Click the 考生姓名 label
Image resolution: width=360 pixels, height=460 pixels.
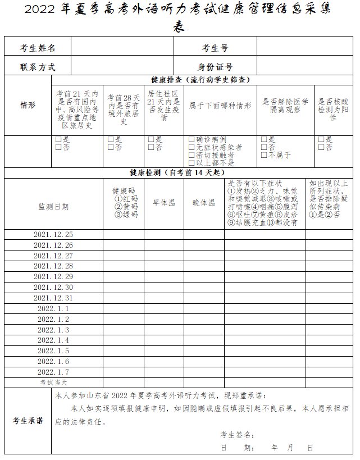pyautogui.click(x=37, y=48)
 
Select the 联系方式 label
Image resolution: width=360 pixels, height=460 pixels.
pyautogui.click(x=37, y=67)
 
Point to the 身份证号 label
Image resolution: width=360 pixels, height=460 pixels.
pyautogui.click(x=215, y=67)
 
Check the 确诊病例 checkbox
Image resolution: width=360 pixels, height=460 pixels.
pyautogui.click(x=192, y=139)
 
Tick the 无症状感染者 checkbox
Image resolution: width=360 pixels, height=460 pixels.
pyautogui.click(x=192, y=147)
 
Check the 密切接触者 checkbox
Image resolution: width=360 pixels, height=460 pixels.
pyautogui.click(x=192, y=155)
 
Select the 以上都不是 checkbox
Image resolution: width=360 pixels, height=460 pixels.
pyautogui.click(x=192, y=163)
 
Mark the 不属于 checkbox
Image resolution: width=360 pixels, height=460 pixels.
pyautogui.click(x=265, y=155)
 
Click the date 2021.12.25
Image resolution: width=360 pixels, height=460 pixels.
pyautogui.click(x=53, y=234)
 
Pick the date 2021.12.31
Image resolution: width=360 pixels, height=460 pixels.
pyautogui.click(x=53, y=298)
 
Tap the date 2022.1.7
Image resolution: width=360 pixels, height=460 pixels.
pyautogui.click(x=53, y=372)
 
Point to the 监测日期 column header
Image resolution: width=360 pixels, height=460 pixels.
pyautogui.click(x=53, y=206)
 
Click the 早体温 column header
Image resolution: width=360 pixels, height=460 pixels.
pyautogui.click(x=164, y=203)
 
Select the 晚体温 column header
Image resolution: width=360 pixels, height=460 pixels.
pyautogui.click(x=204, y=203)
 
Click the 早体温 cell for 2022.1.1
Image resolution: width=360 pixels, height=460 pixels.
pyautogui.click(x=164, y=308)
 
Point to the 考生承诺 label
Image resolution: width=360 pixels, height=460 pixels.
pyautogui.click(x=28, y=421)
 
